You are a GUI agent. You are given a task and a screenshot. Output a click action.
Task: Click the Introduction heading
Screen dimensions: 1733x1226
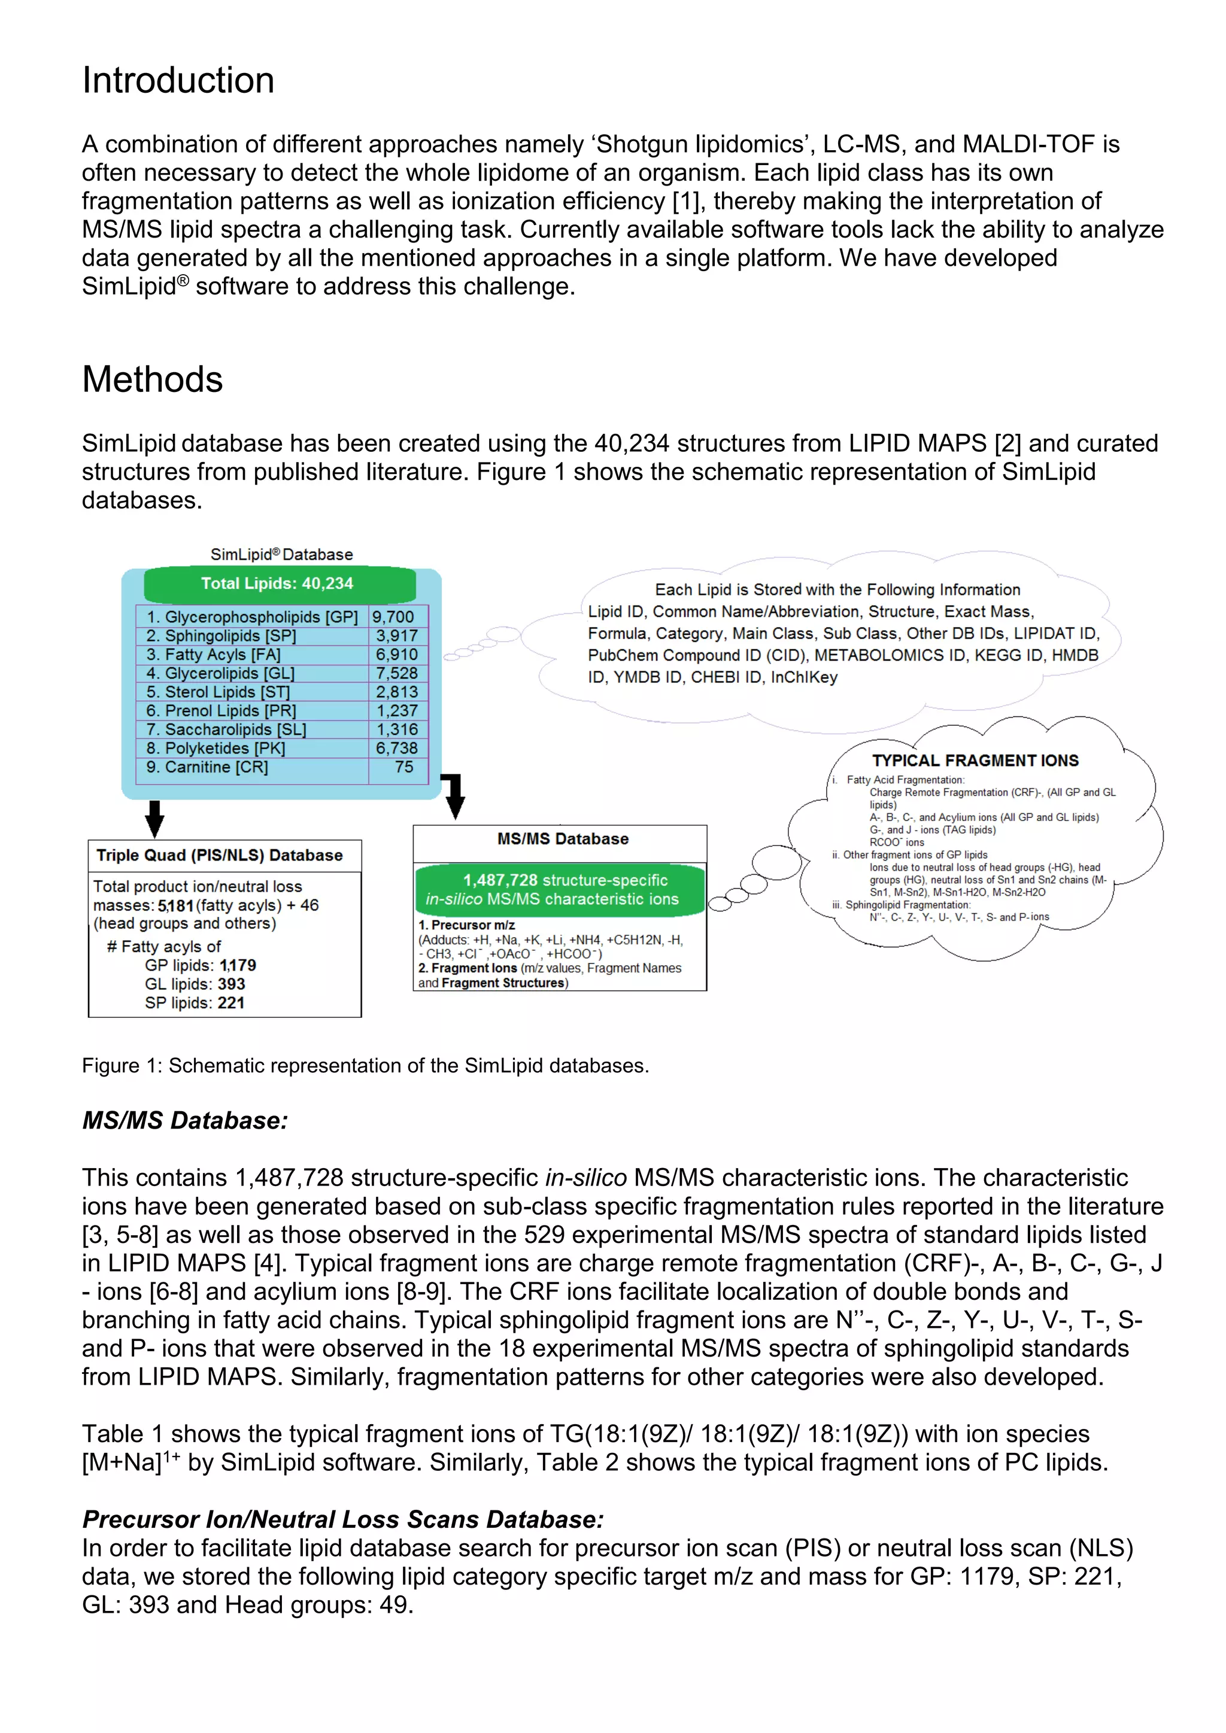click(178, 80)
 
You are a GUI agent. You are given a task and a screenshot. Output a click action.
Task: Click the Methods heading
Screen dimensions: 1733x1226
click(153, 379)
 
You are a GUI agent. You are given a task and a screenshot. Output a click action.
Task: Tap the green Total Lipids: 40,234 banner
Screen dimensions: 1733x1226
click(278, 583)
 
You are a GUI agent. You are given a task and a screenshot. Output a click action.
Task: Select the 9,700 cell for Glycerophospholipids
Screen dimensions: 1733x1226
click(393, 617)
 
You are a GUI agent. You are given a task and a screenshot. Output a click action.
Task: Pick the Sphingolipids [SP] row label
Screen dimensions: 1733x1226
click(221, 636)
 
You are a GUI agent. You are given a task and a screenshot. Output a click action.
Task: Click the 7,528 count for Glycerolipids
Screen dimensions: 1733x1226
click(397, 673)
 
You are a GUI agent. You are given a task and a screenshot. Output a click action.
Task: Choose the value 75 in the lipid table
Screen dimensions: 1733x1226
click(404, 767)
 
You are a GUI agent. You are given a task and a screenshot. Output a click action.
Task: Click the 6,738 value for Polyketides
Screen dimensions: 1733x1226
click(397, 748)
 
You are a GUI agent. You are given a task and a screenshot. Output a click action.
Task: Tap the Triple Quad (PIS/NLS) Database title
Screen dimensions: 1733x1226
click(220, 855)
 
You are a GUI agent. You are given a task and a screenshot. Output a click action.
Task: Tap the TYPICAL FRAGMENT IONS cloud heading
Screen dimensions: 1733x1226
click(975, 760)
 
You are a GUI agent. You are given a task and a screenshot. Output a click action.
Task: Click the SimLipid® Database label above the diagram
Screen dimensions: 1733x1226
click(281, 554)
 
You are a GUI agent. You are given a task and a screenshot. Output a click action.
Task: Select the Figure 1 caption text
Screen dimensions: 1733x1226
click(365, 1066)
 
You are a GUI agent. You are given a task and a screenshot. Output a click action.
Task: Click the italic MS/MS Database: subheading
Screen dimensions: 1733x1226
click(185, 1121)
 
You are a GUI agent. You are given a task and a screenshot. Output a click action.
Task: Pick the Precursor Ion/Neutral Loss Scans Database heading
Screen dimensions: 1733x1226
click(344, 1519)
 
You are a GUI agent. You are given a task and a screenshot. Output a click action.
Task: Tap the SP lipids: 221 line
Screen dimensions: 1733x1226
click(195, 1002)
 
